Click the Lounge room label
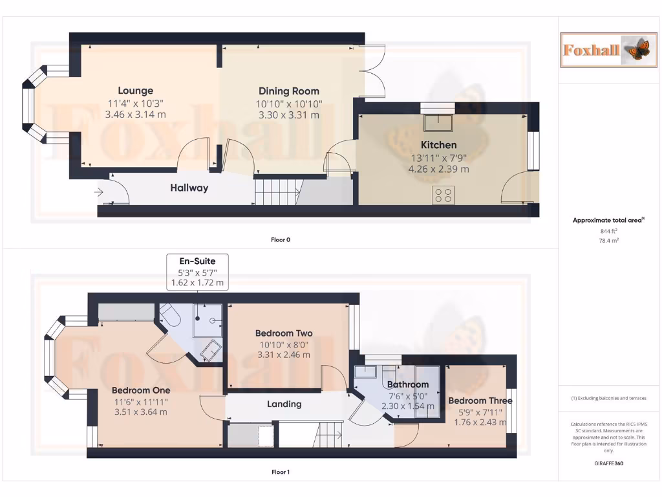(135, 91)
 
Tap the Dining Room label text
(288, 91)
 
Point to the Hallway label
(189, 188)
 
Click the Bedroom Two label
(283, 333)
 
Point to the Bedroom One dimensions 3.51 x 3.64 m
(140, 412)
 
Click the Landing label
(284, 404)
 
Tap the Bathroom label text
(407, 384)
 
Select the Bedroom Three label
(480, 401)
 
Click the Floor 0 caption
(281, 240)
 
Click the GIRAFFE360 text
(608, 463)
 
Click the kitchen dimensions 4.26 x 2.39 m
(438, 170)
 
